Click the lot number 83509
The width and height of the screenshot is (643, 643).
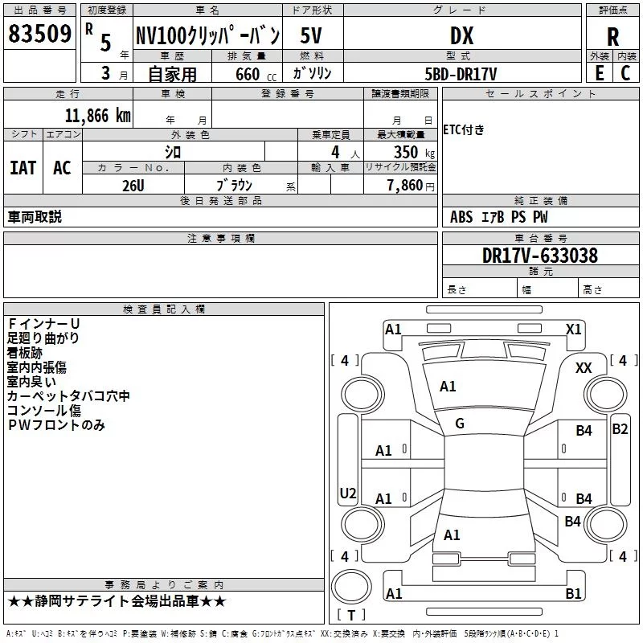pyautogui.click(x=39, y=33)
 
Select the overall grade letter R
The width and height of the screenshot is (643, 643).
pyautogui.click(x=612, y=37)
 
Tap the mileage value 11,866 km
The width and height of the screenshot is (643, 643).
pyautogui.click(x=98, y=116)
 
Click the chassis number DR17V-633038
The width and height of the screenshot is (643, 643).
pyautogui.click(x=540, y=255)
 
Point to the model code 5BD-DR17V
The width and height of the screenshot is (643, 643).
pyautogui.click(x=461, y=74)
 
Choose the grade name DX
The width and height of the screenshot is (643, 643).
pyautogui.click(x=461, y=35)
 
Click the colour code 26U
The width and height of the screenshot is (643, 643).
pyautogui.click(x=133, y=186)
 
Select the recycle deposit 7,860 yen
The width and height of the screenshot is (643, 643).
pyautogui.click(x=411, y=186)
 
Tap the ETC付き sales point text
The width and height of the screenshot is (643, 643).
pyautogui.click(x=464, y=129)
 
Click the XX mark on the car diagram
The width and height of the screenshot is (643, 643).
pyautogui.click(x=584, y=368)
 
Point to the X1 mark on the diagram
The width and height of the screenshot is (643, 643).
pyautogui.click(x=573, y=330)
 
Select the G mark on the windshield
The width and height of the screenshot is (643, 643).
pyautogui.click(x=460, y=424)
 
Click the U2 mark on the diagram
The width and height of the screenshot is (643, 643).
pyautogui.click(x=348, y=493)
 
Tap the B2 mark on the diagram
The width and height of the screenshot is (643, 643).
pyautogui.click(x=620, y=429)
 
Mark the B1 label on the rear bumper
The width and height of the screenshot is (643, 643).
pyautogui.click(x=573, y=593)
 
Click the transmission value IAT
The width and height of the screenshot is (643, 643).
pyautogui.click(x=23, y=168)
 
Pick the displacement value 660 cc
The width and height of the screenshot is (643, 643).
pyautogui.click(x=256, y=74)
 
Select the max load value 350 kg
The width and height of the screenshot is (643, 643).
pyautogui.click(x=414, y=152)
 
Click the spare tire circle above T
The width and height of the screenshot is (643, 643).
pyautogui.click(x=351, y=587)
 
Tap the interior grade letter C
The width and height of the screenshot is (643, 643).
pyautogui.click(x=625, y=73)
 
